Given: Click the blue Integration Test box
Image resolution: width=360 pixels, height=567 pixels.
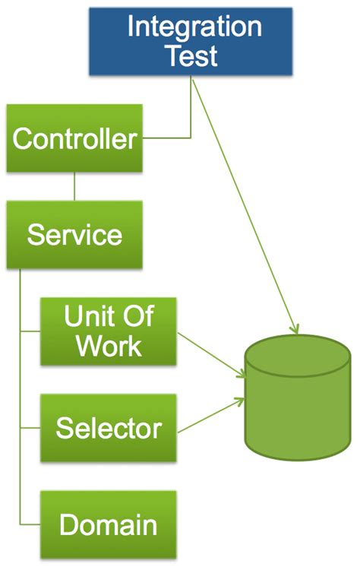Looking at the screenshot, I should (x=191, y=41).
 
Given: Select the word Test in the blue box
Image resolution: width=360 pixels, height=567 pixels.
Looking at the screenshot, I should (x=193, y=55).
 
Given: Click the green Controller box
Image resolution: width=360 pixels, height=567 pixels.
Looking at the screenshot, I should (x=74, y=139).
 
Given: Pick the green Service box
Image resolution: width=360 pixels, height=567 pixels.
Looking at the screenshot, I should (x=74, y=235).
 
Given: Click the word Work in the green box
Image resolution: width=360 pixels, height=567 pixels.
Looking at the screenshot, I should (x=109, y=347).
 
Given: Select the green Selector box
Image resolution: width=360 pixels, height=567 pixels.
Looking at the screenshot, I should (x=109, y=428).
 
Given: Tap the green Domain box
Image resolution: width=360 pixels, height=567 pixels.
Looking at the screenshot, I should (x=109, y=524).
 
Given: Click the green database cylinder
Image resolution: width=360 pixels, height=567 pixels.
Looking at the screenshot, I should (x=297, y=403).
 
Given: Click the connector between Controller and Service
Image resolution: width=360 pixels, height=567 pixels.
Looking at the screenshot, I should (x=74, y=187).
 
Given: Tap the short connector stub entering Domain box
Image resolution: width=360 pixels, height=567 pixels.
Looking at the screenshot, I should (x=30, y=525).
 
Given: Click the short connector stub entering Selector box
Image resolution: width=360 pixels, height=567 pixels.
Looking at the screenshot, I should (x=30, y=428).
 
